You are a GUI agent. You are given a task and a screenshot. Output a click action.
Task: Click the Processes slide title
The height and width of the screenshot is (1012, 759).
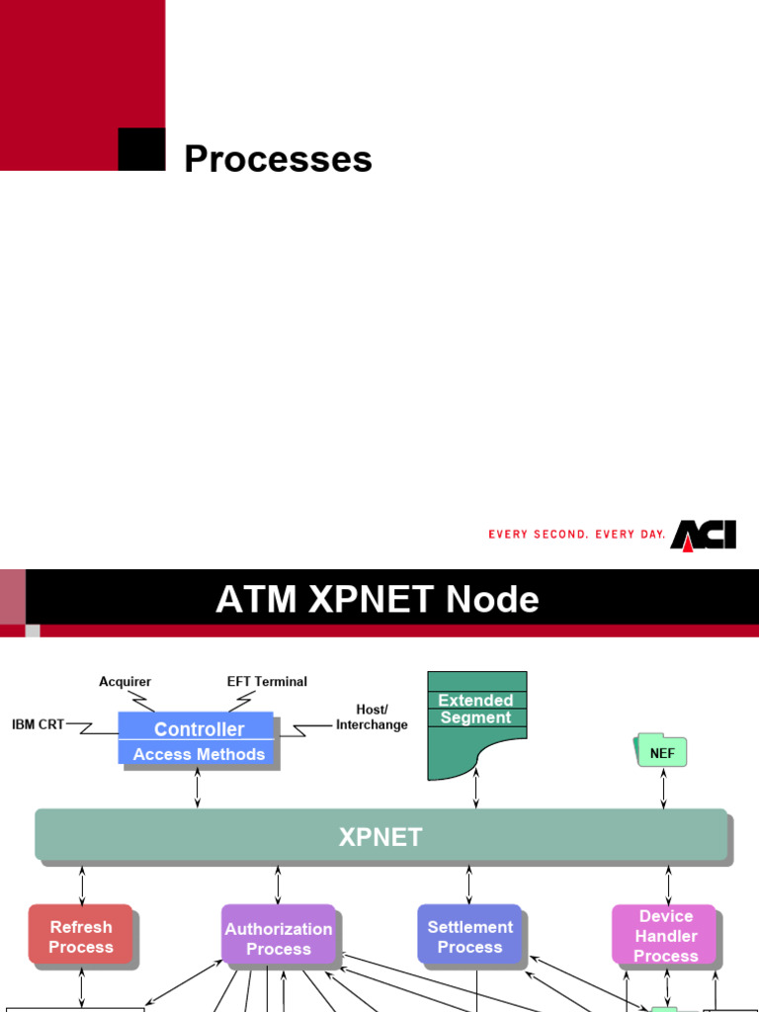click(278, 159)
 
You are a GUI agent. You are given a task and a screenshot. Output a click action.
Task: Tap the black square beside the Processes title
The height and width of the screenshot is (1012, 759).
click(141, 149)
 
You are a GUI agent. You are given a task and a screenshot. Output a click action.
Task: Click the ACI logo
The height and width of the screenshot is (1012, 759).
click(703, 535)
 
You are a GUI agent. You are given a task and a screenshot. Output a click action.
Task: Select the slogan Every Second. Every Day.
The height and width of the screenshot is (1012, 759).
click(577, 535)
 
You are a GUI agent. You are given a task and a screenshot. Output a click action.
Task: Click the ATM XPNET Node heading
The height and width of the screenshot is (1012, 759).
click(378, 600)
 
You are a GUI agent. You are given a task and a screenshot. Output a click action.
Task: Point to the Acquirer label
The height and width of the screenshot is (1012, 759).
click(125, 682)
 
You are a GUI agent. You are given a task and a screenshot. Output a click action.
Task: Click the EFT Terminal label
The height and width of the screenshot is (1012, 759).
click(267, 682)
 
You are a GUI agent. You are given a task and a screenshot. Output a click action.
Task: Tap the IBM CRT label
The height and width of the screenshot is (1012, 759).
click(38, 724)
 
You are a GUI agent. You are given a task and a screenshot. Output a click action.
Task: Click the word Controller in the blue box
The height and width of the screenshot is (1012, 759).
click(199, 729)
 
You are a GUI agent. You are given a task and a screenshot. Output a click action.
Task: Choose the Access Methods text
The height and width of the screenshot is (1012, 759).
click(199, 754)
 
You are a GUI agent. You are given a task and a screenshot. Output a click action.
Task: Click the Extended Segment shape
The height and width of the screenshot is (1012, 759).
click(476, 721)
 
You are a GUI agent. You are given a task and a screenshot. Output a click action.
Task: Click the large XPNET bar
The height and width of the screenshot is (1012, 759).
click(380, 836)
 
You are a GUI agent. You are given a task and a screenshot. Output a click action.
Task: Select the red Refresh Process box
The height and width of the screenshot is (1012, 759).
click(81, 937)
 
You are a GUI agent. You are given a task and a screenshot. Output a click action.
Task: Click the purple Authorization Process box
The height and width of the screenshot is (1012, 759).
click(279, 938)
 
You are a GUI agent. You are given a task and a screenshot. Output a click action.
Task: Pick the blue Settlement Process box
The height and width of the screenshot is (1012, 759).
click(469, 936)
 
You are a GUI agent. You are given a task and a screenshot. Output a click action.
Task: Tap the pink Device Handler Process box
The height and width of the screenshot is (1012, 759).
click(666, 936)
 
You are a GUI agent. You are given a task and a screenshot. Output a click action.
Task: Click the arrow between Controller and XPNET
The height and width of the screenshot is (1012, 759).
click(199, 789)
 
